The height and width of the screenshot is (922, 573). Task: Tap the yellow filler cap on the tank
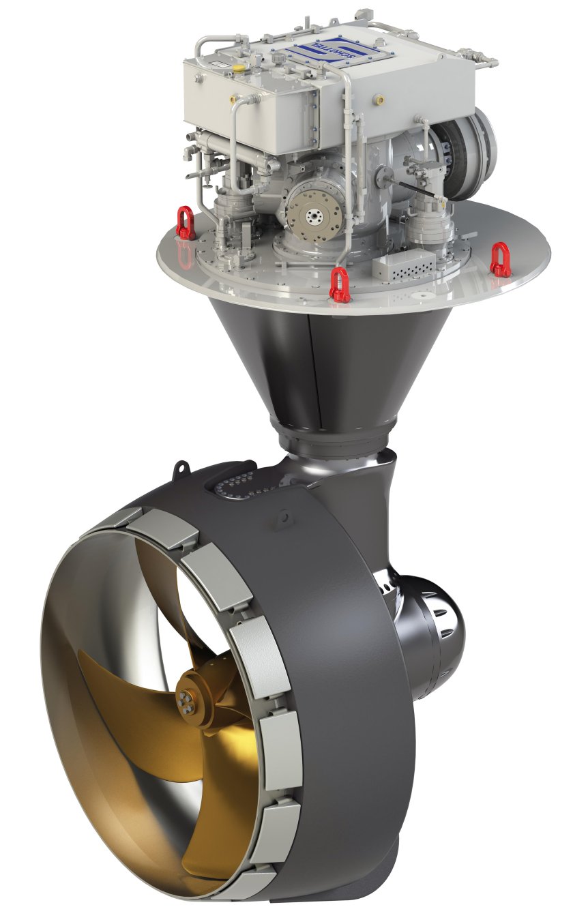click(239, 70)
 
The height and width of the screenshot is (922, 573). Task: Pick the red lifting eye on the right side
click(500, 260)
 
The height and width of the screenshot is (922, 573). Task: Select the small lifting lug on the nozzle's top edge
click(181, 471)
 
